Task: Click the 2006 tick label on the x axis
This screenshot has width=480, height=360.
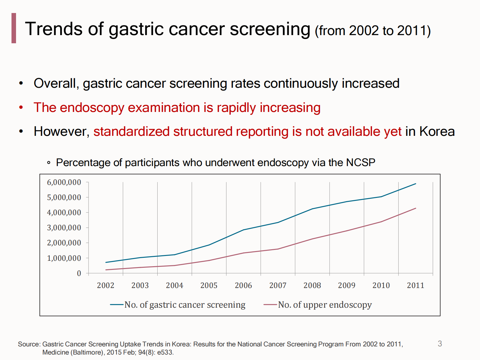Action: [243, 285]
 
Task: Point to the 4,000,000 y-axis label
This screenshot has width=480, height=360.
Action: [64, 213]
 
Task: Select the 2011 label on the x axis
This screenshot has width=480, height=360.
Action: [415, 285]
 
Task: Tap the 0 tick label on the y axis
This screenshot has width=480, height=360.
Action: [79, 273]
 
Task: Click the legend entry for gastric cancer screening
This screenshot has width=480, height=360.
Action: [184, 305]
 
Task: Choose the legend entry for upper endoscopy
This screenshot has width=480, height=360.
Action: [325, 305]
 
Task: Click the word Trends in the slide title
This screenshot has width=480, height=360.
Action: [54, 29]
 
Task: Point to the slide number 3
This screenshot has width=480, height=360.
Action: [440, 344]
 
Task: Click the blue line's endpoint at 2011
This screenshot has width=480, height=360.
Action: [416, 184]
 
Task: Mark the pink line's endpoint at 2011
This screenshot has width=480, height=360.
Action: [416, 208]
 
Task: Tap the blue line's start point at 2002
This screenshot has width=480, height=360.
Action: [106, 262]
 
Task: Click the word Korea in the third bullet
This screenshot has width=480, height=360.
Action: [437, 132]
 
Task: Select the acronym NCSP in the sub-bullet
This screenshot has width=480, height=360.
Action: [361, 163]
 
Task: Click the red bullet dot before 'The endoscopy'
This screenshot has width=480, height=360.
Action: [21, 107]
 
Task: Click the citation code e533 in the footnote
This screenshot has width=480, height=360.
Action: [165, 352]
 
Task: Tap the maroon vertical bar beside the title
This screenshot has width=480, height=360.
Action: [14, 28]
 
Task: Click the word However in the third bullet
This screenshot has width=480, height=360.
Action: [61, 132]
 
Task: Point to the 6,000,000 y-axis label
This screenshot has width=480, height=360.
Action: [64, 182]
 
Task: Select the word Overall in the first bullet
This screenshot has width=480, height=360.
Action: [56, 83]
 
